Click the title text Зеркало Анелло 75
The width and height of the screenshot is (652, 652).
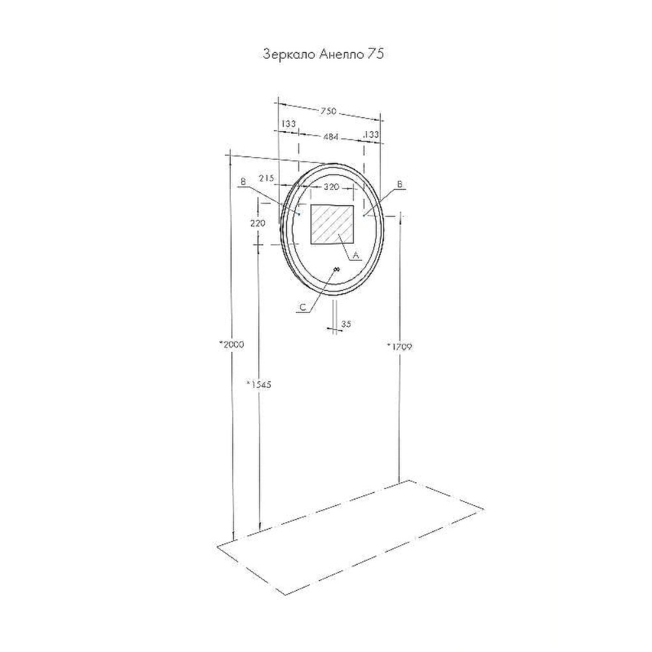[323, 55]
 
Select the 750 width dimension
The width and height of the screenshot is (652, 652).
[328, 111]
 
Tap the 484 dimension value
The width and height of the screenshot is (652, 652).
[331, 136]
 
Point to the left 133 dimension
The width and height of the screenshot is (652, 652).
[288, 123]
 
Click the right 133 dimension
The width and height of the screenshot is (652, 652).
[372, 134]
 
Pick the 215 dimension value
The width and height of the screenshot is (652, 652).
[267, 179]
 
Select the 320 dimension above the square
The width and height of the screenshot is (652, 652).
[331, 187]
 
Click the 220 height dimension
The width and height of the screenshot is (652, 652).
[258, 223]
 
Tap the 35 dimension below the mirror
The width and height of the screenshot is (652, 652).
[346, 324]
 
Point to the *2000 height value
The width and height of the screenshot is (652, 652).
[231, 345]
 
